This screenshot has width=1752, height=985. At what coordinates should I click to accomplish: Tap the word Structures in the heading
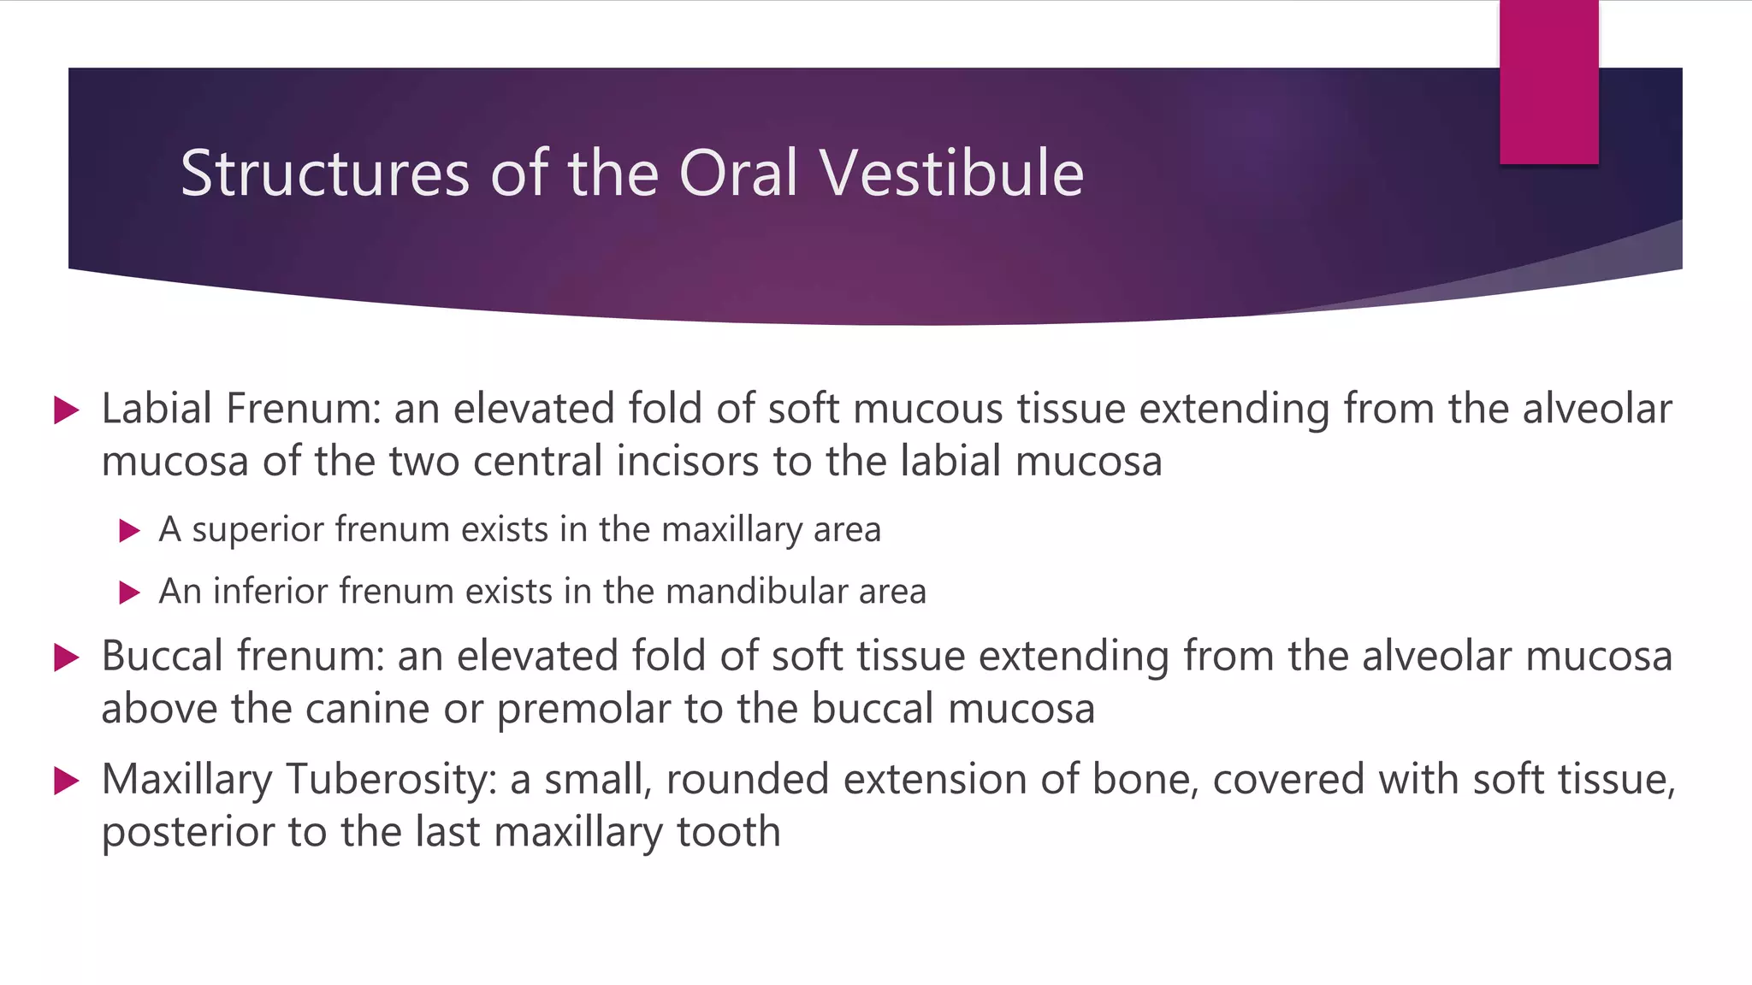pos(325,174)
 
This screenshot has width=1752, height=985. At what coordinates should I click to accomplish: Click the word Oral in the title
pos(738,174)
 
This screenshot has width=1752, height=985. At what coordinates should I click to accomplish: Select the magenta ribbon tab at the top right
pos(1548,82)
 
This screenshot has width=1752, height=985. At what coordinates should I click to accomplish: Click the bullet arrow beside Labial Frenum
pos(66,410)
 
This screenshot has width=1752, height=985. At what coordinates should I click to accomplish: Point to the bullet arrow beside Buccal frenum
pos(66,658)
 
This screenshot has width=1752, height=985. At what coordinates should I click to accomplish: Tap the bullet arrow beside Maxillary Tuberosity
pos(66,781)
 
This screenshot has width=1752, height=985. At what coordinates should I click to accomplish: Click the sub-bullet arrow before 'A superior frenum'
pos(129,531)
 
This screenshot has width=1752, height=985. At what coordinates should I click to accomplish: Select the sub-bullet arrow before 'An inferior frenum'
pos(129,593)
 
